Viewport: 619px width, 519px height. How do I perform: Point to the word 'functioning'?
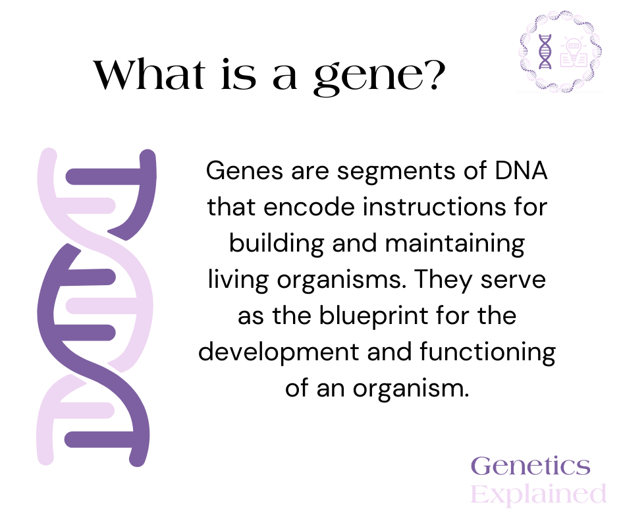pos(487,352)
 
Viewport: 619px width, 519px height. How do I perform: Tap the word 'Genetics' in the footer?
pos(531,466)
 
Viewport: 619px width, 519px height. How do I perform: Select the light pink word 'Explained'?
pos(539,493)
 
